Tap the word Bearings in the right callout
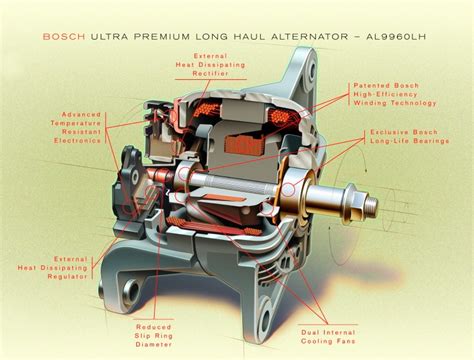(x=406, y=144)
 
